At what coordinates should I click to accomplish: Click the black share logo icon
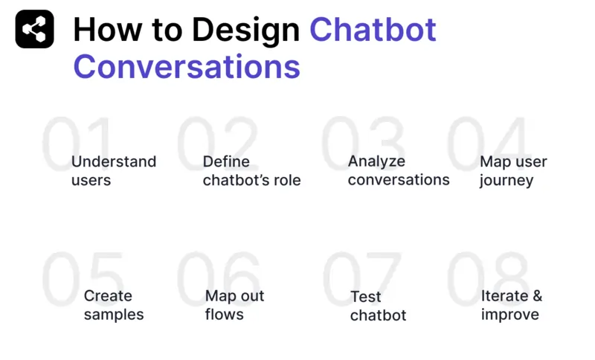34,30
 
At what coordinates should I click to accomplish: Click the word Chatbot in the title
373,30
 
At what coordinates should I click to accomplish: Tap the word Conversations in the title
187,66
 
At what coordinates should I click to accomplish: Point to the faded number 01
77,143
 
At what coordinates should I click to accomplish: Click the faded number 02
216,143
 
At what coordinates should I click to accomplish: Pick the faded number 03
362,143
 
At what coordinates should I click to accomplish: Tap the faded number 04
489,143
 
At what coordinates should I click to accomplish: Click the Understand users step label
114,171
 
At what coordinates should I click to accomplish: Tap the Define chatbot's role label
251,171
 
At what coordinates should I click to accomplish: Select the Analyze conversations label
398,170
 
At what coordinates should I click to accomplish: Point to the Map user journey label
513,171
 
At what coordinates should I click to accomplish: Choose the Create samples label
113,305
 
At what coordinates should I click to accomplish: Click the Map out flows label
234,305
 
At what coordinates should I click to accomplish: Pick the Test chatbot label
378,306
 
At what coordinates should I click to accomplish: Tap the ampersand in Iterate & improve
537,296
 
